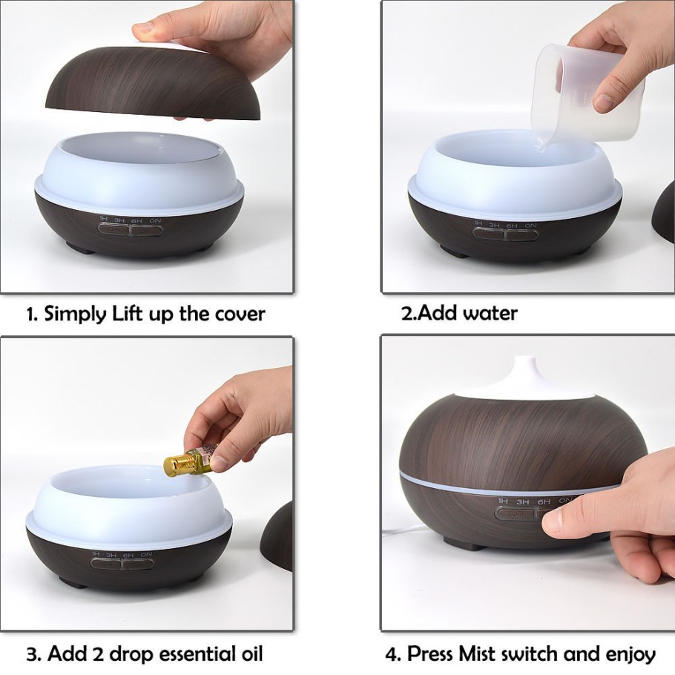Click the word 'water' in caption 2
(x=490, y=313)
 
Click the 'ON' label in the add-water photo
(x=530, y=225)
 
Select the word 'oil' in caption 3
(x=248, y=653)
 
